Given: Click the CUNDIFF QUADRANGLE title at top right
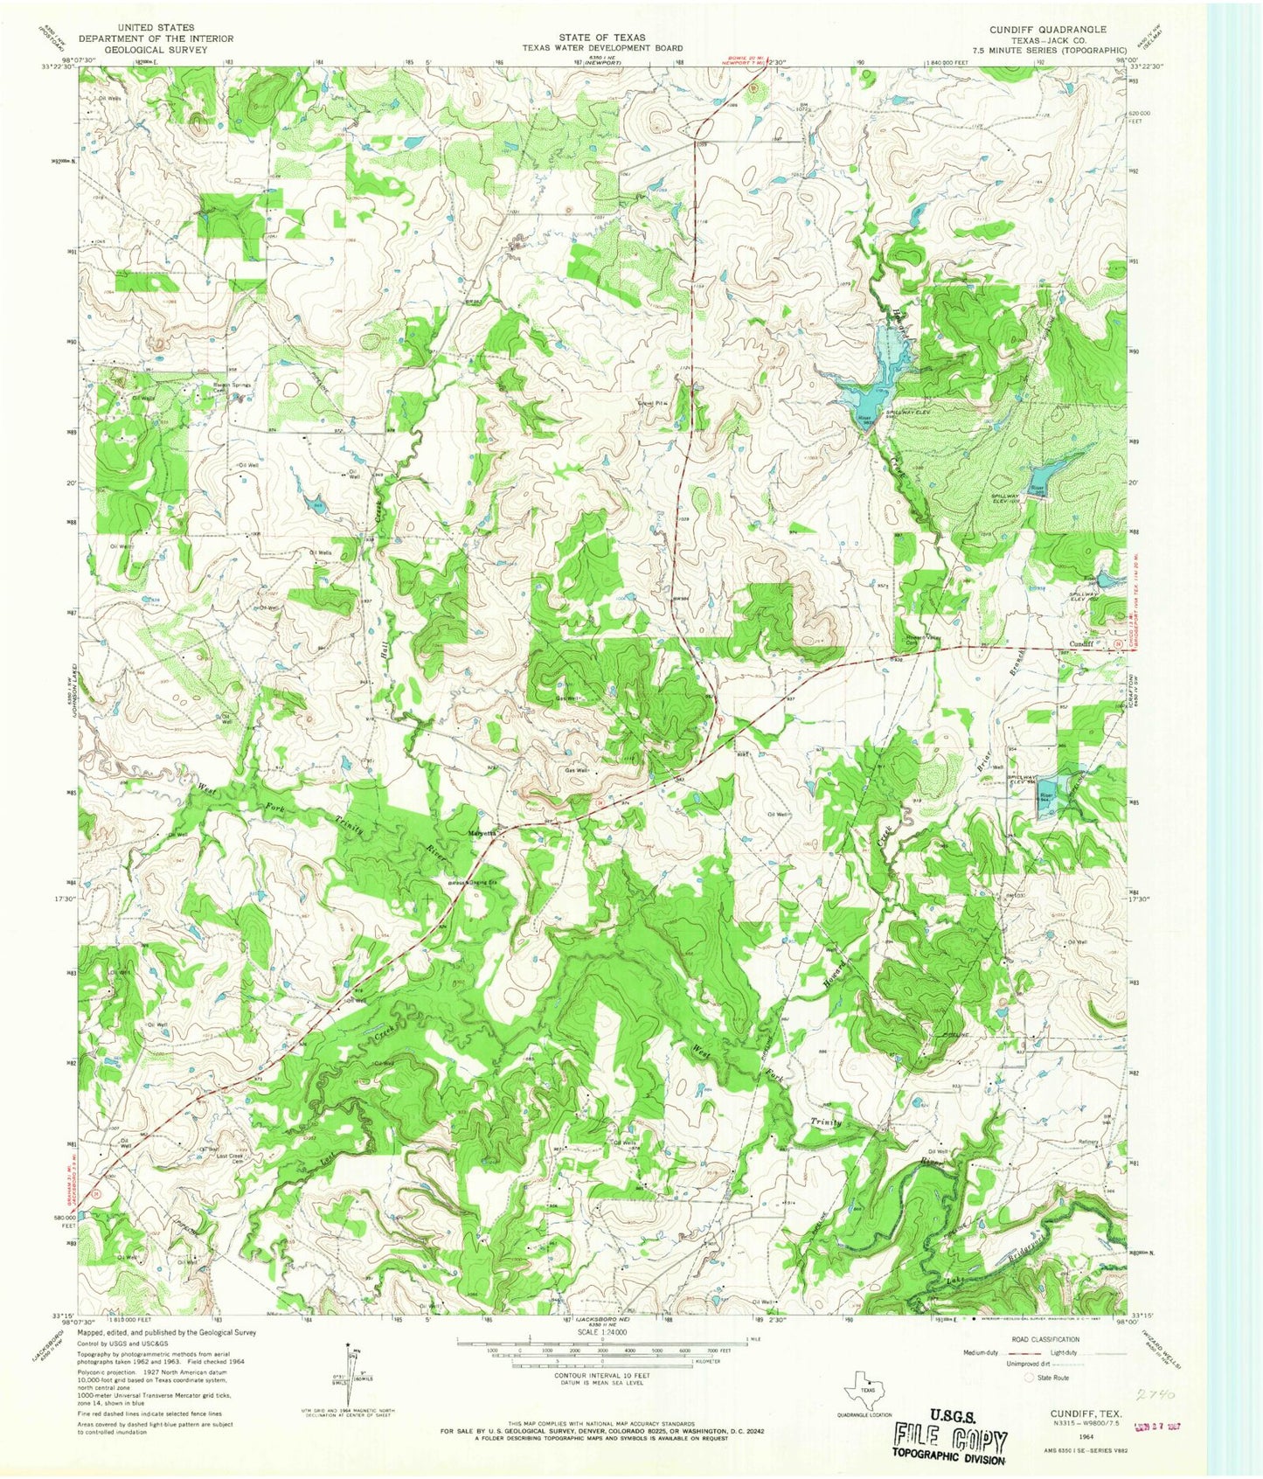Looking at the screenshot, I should pos(1048,29).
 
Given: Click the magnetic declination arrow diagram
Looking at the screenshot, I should pos(350,1379).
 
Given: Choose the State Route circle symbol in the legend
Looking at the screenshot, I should pos(1030,1378).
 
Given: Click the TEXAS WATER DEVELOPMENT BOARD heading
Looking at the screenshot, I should pos(602,49).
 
